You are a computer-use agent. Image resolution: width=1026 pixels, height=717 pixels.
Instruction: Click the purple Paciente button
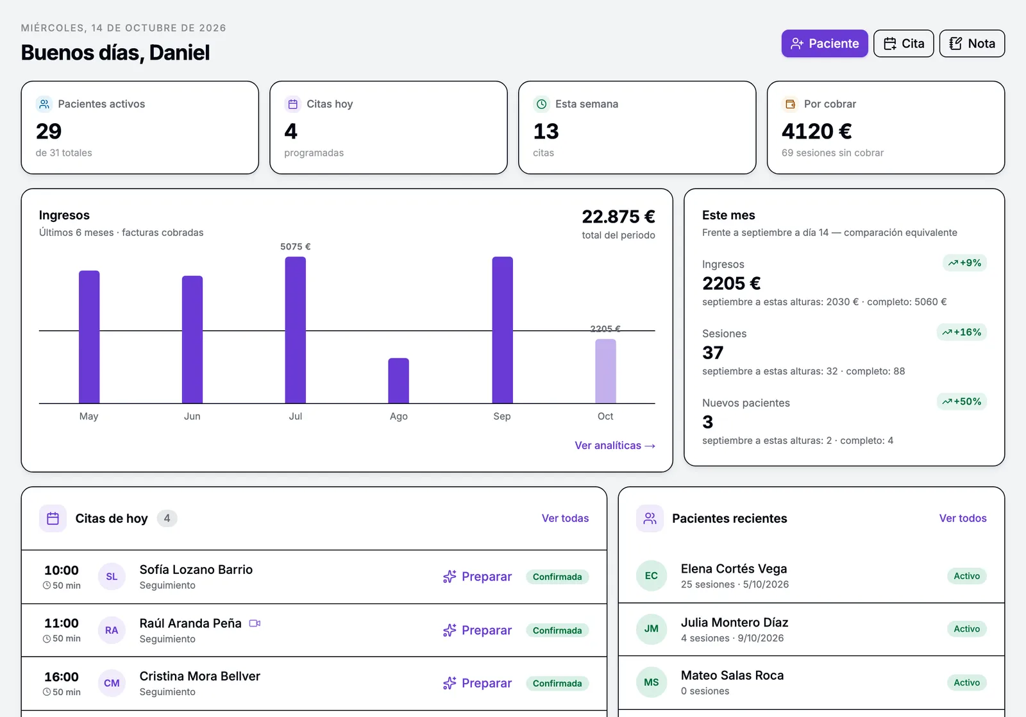point(825,44)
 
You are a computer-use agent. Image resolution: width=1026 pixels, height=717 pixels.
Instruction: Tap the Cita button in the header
point(904,44)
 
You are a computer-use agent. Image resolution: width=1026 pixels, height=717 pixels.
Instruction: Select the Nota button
point(972,44)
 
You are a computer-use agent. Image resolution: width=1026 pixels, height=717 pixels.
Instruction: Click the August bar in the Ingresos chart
point(398,381)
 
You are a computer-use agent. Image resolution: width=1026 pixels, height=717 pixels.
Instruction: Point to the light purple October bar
point(605,371)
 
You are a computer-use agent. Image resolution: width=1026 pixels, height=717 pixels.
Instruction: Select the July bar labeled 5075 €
point(296,330)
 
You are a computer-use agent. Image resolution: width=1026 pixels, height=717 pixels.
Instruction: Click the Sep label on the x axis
point(502,416)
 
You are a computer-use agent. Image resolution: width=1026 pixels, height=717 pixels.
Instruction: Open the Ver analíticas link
point(615,445)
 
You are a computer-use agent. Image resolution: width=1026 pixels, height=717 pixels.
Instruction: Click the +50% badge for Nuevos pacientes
point(962,401)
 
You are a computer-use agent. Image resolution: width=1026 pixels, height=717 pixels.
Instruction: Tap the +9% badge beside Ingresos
point(964,263)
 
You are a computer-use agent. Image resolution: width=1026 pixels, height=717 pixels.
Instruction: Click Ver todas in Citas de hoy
point(565,518)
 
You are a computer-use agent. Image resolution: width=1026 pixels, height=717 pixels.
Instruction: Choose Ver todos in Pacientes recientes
point(963,518)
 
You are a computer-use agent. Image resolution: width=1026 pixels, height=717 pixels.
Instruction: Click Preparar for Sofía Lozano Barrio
point(477,577)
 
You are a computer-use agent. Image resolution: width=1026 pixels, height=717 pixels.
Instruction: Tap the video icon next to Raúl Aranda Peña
point(255,623)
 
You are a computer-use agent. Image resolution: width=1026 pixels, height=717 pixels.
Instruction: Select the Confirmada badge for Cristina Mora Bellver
point(557,683)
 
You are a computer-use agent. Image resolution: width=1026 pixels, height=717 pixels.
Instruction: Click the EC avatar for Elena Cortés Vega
point(652,576)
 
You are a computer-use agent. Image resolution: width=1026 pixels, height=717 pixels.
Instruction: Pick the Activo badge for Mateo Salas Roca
point(967,682)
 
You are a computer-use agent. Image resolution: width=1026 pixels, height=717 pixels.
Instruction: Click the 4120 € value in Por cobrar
point(817,131)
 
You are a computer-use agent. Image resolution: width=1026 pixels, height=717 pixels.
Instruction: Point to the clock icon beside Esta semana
point(541,104)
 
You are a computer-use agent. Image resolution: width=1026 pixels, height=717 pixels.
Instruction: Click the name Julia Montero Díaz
point(735,622)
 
